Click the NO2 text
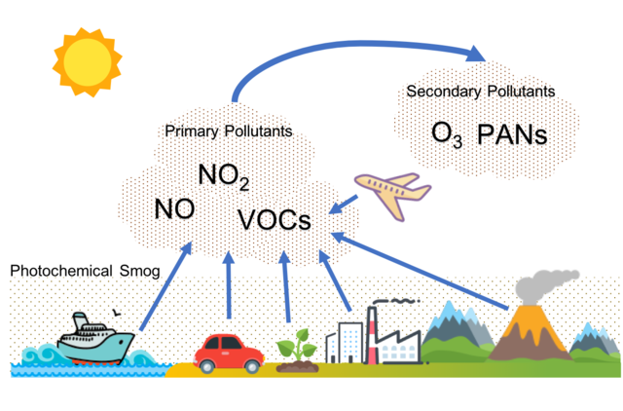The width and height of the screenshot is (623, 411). (224, 176)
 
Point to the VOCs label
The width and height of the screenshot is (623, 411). (275, 220)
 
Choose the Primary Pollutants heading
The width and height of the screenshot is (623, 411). (229, 131)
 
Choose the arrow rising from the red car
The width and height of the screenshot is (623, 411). (229, 286)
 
